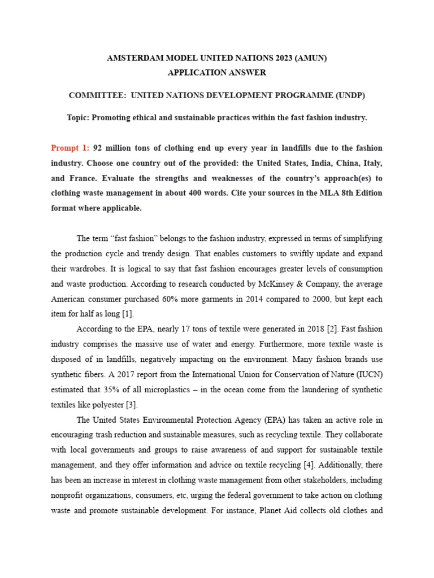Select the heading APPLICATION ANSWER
point(217,73)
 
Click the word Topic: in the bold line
point(78,117)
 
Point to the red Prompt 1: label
point(70,148)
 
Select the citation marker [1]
point(128,313)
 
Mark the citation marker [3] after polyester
point(131,404)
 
